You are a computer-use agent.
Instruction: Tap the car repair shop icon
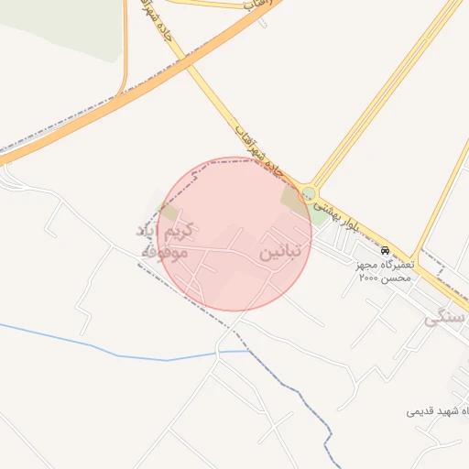coord(385,249)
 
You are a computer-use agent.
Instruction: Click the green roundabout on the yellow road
coord(309,194)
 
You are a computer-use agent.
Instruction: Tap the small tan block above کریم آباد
coord(169,210)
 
